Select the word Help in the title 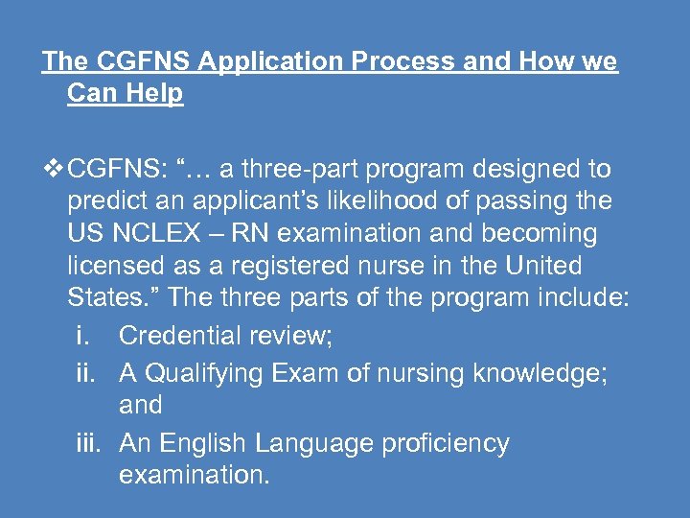[x=152, y=95]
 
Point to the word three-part [x=299, y=170]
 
